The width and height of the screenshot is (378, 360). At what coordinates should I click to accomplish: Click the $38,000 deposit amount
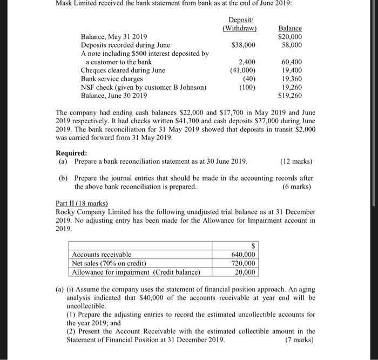tap(243, 45)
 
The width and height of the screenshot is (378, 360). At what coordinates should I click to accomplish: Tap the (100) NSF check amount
tap(247, 86)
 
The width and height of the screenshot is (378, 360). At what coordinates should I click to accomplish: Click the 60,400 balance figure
tap(291, 62)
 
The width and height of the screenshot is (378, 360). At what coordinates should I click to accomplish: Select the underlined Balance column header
tap(290, 28)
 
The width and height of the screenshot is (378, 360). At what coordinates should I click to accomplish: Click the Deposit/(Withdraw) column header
tap(239, 24)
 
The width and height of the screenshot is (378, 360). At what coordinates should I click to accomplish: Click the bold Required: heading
tap(71, 153)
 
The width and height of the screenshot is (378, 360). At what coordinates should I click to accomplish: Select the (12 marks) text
tap(296, 161)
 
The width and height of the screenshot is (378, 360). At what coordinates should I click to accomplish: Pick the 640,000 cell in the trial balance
tap(246, 255)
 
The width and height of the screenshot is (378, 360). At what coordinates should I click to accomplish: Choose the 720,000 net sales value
tap(246, 263)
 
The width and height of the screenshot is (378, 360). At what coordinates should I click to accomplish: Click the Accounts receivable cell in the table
tap(102, 255)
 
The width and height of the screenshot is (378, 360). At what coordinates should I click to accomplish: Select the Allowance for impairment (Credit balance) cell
tap(135, 272)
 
